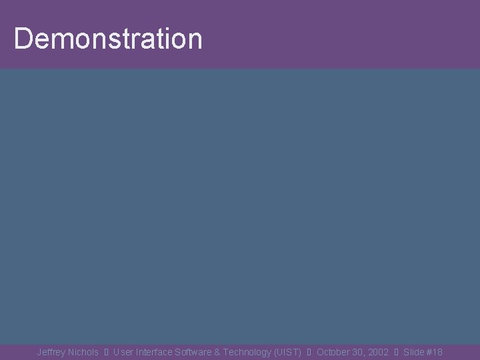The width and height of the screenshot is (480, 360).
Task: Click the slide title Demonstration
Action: (107, 39)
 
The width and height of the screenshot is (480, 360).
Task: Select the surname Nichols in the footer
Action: (83, 352)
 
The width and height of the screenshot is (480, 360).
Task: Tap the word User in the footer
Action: (124, 352)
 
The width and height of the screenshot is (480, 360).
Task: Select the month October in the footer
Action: (334, 352)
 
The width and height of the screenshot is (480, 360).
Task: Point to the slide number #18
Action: (435, 352)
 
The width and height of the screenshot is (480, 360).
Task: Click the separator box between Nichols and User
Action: (107, 352)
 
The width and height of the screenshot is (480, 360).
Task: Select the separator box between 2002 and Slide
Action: (396, 352)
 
